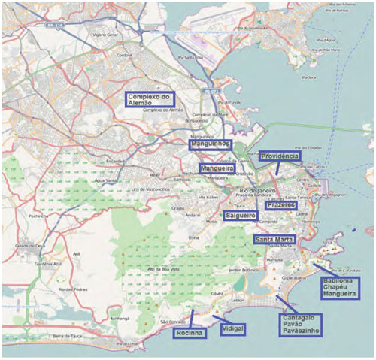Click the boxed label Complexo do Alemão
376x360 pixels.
pos(150,101)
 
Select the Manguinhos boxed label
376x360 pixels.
pos(211,143)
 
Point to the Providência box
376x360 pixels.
pos(279,156)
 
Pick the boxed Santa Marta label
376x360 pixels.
pos(274,240)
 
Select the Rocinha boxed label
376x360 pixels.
pos(190,332)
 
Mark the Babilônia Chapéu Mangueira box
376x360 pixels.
pos(338,288)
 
